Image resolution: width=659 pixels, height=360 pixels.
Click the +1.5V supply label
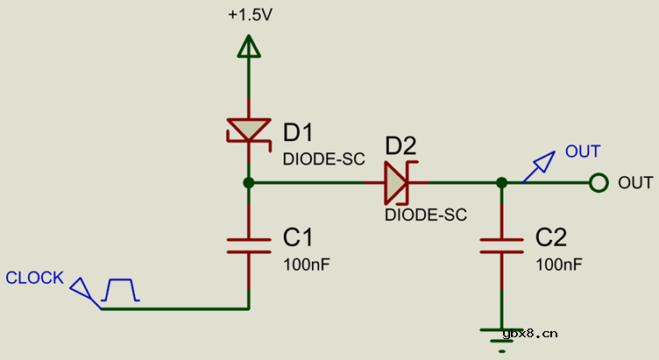point(249,16)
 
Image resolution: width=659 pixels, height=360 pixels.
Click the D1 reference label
point(298,132)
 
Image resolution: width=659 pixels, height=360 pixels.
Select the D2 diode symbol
point(396,183)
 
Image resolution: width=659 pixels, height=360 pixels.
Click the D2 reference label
point(400,145)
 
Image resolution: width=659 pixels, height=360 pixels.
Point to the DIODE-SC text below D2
point(425,214)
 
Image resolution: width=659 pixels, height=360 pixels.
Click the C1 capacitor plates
point(249,244)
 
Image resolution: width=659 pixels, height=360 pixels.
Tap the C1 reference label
point(297,237)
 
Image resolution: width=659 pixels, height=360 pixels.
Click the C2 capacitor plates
point(501,245)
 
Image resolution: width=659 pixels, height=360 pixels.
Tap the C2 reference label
point(551,237)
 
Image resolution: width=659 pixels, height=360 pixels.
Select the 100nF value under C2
point(558,264)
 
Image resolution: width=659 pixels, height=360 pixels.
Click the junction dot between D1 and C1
point(249,183)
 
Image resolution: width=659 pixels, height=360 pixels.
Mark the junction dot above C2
point(501,183)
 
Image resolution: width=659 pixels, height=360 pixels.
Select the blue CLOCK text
point(35,279)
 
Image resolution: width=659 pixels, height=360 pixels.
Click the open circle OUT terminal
point(599,183)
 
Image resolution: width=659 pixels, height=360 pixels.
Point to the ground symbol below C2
point(501,335)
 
